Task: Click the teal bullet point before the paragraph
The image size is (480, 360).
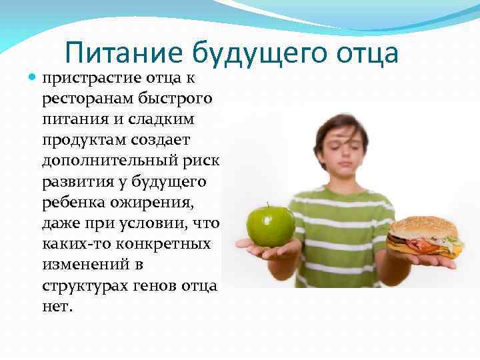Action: (33, 79)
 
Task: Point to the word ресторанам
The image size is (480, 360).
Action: (88, 99)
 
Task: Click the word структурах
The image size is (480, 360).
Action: (79, 285)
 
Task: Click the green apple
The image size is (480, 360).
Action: (270, 225)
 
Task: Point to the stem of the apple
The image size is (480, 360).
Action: (267, 205)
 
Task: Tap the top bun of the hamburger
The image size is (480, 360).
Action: (423, 225)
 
